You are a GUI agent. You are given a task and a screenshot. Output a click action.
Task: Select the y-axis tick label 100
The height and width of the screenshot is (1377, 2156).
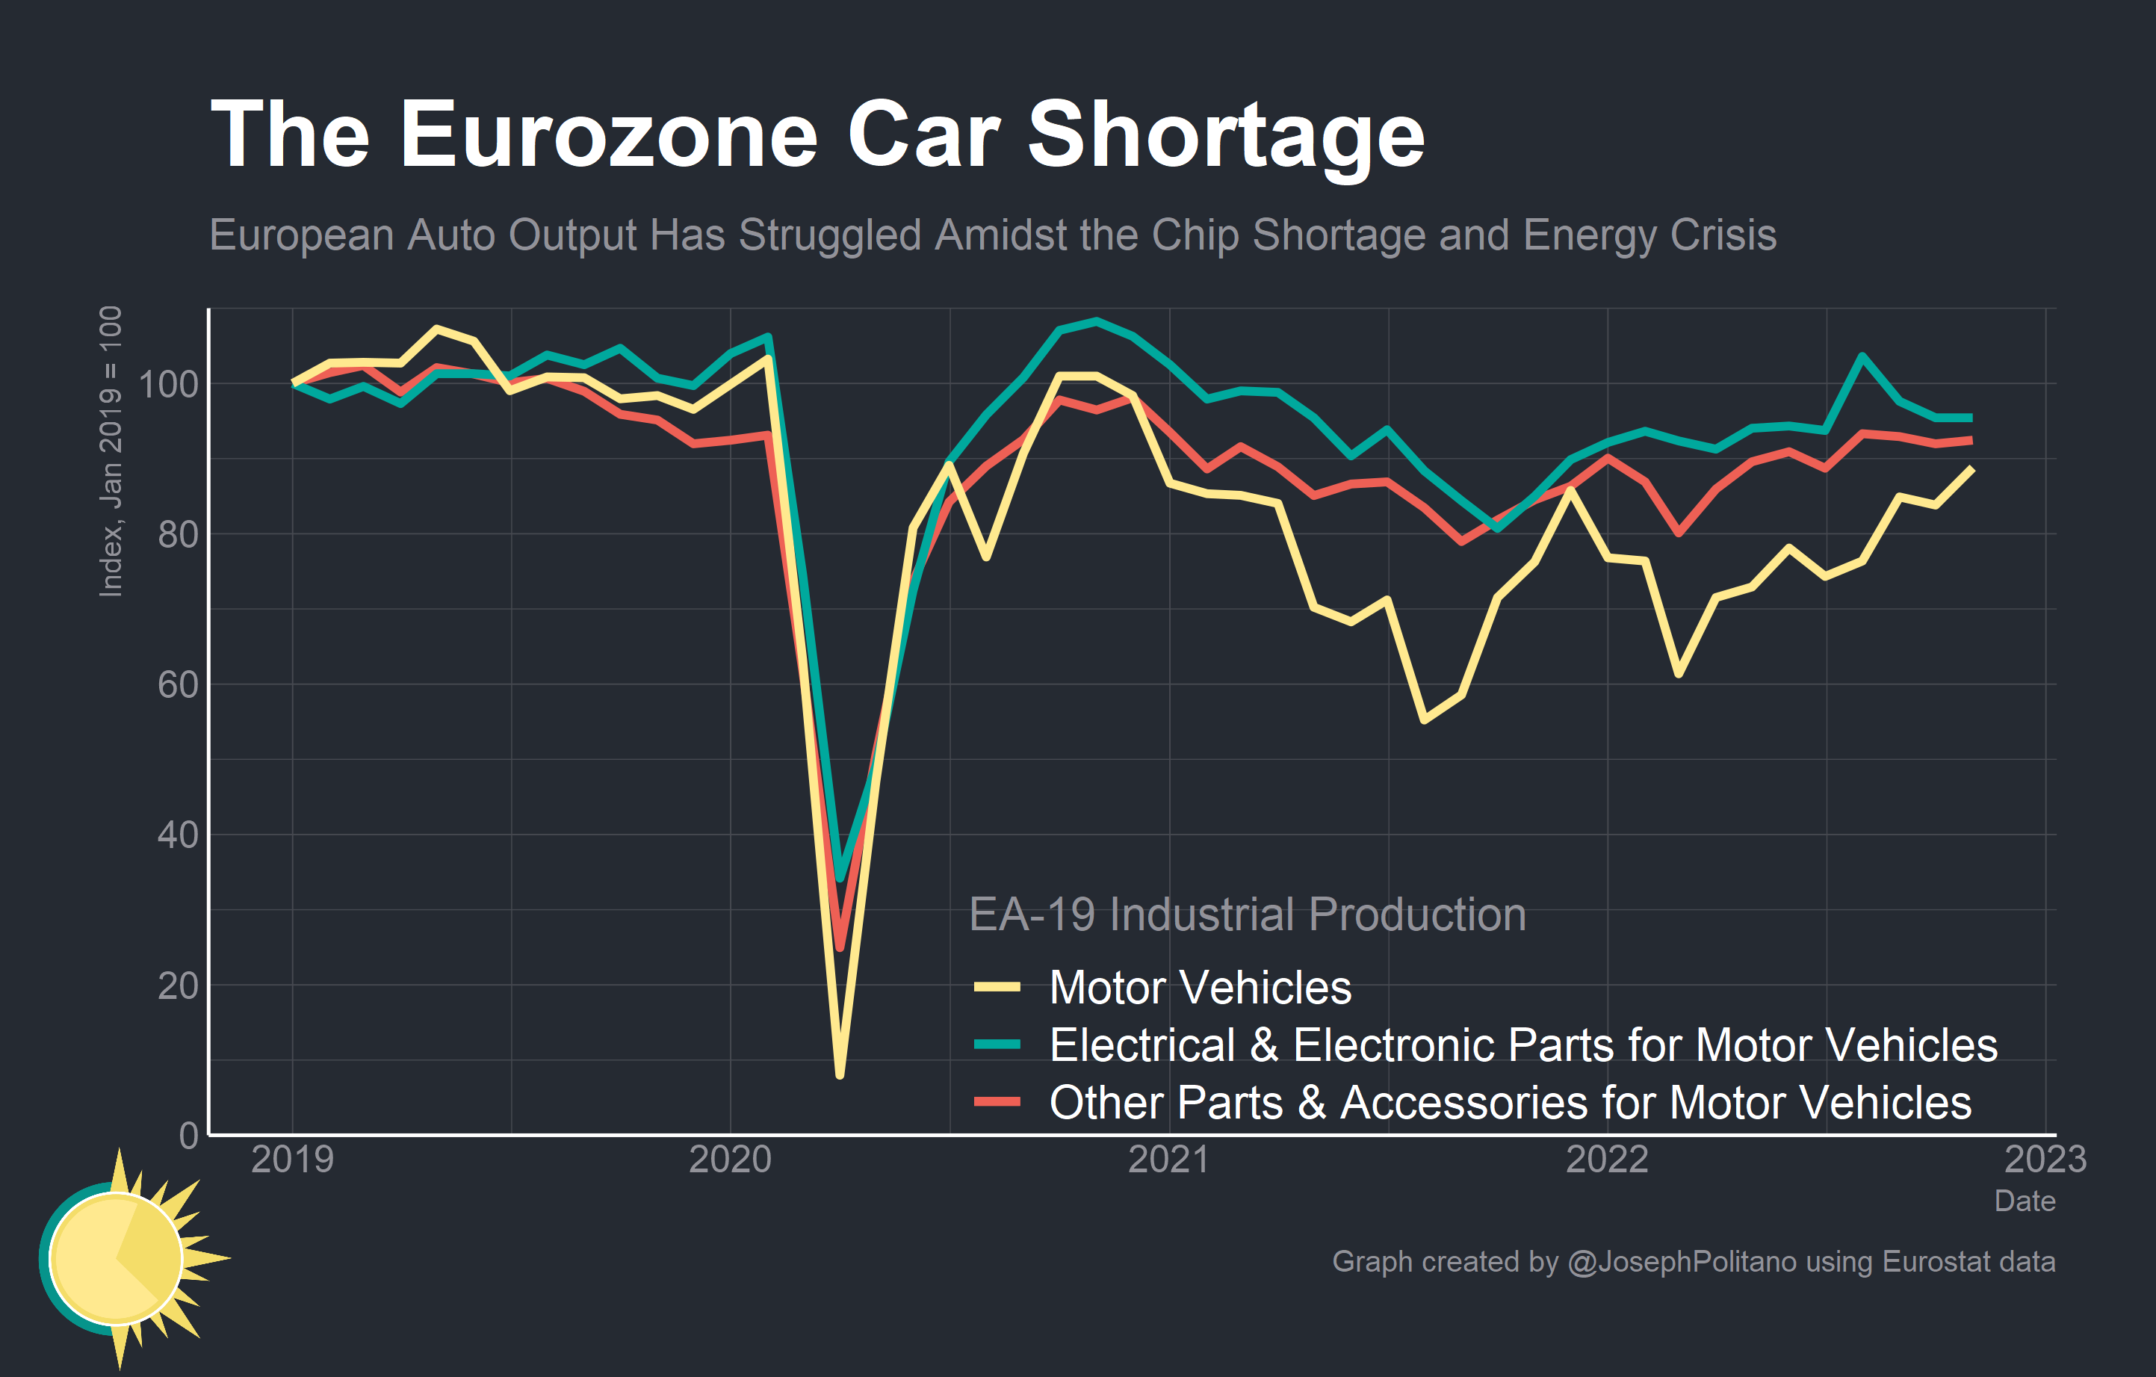168,384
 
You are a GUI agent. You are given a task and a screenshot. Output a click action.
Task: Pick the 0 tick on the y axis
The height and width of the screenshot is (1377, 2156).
188,1135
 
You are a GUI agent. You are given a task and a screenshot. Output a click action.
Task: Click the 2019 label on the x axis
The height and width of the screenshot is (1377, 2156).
292,1160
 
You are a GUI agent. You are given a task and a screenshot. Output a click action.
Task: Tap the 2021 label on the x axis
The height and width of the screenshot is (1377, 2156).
1168,1160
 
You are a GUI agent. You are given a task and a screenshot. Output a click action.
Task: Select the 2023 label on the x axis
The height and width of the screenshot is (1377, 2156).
2045,1160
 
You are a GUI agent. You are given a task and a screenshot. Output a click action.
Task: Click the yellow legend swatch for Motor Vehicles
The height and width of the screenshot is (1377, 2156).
997,988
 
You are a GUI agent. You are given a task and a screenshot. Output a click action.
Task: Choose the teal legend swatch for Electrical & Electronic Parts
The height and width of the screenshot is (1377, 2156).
997,1045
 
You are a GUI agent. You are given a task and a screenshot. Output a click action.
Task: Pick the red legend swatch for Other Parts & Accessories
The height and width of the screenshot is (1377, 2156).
997,1102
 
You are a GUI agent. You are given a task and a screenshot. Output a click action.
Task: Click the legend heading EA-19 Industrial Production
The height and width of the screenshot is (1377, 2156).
1248,914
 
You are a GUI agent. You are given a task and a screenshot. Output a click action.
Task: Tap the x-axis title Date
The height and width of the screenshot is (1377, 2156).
2025,1201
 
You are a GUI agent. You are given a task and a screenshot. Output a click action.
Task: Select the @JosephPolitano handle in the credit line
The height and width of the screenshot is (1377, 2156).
1682,1261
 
